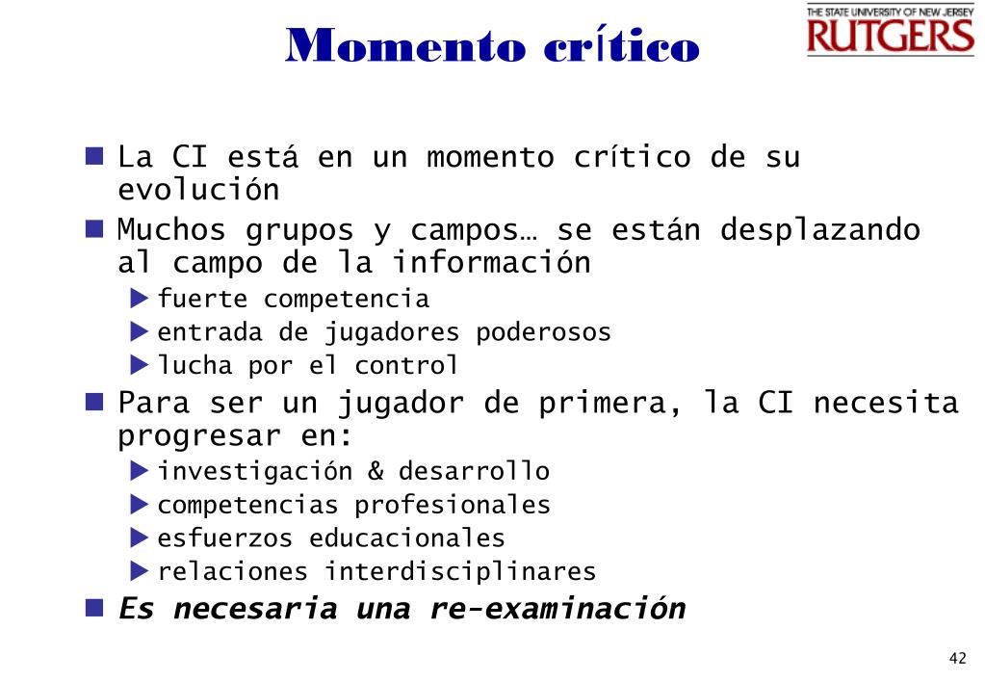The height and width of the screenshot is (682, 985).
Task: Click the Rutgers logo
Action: click(890, 30)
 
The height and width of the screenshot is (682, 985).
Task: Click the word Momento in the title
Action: click(405, 45)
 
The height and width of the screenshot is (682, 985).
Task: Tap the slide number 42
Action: click(957, 658)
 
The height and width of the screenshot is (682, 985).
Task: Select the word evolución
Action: click(198, 189)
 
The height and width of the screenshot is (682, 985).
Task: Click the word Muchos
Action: click(171, 229)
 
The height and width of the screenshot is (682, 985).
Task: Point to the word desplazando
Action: click(820, 230)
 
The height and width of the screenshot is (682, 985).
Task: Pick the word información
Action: click(491, 262)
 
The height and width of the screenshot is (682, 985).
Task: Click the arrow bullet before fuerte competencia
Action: click(140, 299)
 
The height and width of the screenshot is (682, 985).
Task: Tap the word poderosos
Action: click(543, 332)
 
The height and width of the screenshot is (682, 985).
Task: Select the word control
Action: click(405, 365)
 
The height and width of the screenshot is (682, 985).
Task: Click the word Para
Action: click(154, 403)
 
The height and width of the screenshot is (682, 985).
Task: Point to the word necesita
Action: click(886, 403)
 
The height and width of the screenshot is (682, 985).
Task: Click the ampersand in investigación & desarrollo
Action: click(376, 471)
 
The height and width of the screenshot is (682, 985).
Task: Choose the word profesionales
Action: click(453, 505)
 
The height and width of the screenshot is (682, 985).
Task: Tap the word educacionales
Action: click(407, 538)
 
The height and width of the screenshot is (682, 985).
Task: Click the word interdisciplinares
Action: click(460, 571)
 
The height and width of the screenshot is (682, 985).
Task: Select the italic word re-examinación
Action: click(557, 609)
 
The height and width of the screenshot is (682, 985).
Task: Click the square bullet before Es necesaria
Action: click(94, 607)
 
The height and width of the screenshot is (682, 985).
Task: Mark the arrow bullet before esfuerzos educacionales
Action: click(140, 538)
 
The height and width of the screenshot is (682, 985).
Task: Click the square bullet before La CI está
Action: click(94, 156)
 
